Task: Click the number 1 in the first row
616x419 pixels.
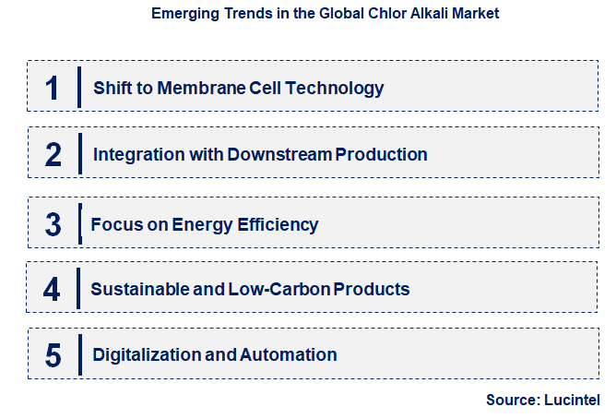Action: click(53, 88)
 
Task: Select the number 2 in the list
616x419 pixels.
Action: click(53, 154)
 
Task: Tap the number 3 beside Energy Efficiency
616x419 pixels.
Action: click(53, 224)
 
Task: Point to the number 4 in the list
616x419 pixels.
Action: click(53, 289)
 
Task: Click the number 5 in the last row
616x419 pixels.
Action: click(53, 354)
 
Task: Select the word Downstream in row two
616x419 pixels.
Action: click(280, 154)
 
